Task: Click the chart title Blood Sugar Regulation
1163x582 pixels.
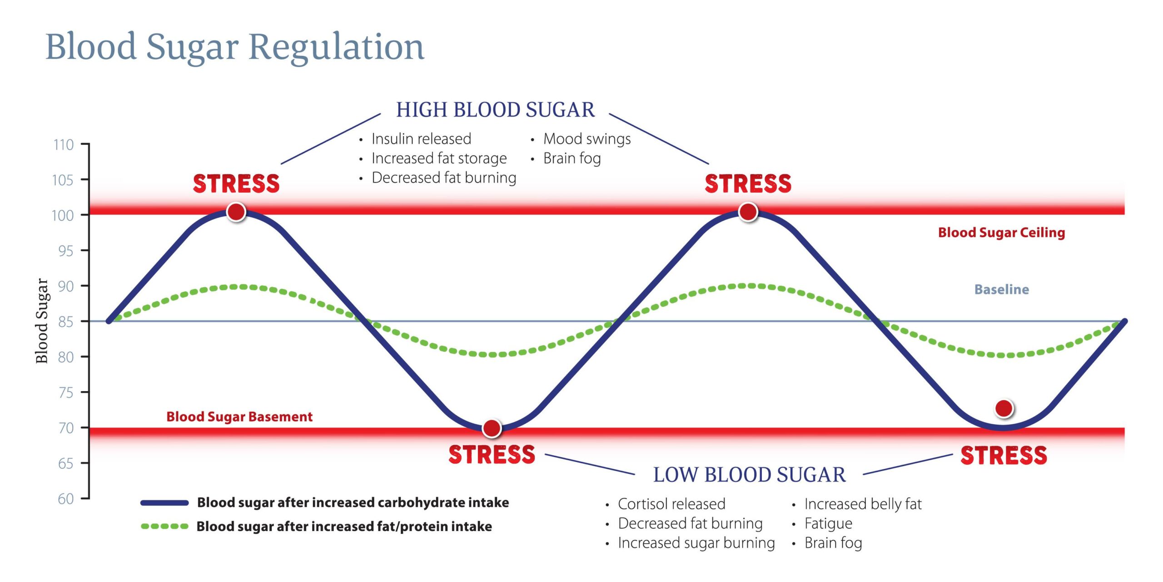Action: (235, 47)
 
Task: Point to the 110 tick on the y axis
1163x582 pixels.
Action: (64, 145)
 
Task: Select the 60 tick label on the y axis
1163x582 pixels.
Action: (66, 499)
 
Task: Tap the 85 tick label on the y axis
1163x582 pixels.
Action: (66, 322)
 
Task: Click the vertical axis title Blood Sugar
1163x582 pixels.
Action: (42, 321)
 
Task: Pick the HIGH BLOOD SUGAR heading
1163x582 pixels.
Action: (495, 110)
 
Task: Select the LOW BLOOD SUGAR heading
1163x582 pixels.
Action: (749, 475)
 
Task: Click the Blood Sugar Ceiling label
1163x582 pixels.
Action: (1001, 233)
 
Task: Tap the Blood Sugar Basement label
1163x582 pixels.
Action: (239, 417)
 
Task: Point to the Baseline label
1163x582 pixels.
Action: (1001, 289)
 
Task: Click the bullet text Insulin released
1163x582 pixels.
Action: (421, 139)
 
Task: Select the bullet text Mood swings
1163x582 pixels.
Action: (587, 139)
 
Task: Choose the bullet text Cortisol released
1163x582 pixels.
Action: (671, 504)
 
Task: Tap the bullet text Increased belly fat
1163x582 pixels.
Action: (863, 504)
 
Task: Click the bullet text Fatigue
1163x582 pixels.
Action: (828, 523)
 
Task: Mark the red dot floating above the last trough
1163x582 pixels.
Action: (1004, 408)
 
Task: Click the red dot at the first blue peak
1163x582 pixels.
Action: (236, 212)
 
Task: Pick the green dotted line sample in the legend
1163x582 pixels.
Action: (164, 527)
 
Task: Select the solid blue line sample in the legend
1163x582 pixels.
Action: (164, 503)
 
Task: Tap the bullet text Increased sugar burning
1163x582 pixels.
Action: (696, 543)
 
